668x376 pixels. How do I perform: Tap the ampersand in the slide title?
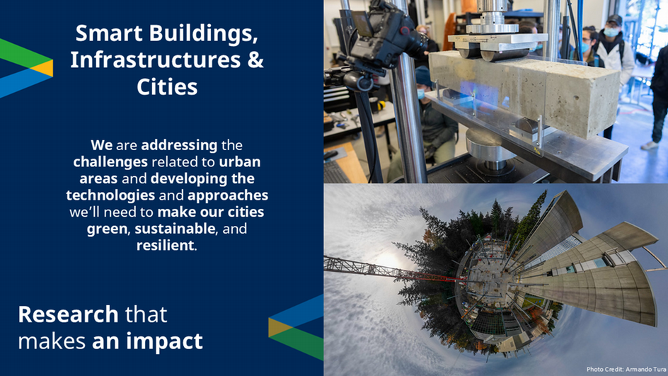point(255,59)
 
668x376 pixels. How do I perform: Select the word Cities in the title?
point(167,86)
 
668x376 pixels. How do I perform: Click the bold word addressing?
point(179,146)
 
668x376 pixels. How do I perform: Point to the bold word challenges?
point(110,162)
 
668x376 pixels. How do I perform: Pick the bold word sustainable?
point(175,229)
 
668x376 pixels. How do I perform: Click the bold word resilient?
point(166,246)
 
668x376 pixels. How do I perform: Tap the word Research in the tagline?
point(68,314)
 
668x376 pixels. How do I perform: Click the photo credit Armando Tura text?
point(626,370)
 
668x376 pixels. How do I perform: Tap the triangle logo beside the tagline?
point(296,327)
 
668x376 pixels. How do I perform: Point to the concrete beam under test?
point(524,91)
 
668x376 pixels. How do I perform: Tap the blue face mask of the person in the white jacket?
point(611,32)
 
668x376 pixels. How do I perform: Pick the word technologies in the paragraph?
point(110,195)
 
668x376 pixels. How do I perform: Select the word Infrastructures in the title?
point(156,59)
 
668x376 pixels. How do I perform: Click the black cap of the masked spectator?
point(614,20)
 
